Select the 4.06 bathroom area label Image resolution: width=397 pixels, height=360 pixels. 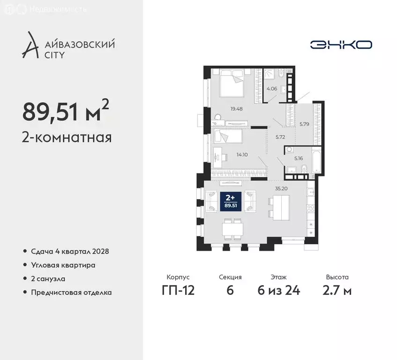click(272, 88)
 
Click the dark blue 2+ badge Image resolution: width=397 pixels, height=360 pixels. click(230, 201)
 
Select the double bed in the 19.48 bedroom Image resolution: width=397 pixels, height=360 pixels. click(228, 86)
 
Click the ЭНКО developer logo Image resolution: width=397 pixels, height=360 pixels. click(341, 45)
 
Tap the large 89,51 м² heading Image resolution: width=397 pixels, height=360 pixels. click(66, 111)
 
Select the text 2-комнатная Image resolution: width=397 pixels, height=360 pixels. click(67, 138)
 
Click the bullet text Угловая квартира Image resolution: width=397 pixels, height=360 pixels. click(63, 265)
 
